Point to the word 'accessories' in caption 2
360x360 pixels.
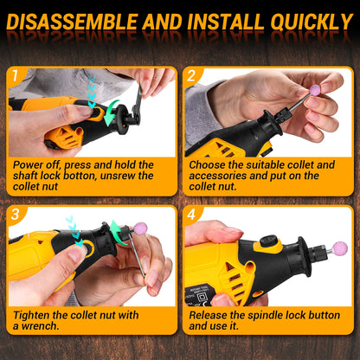point(221,176)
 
